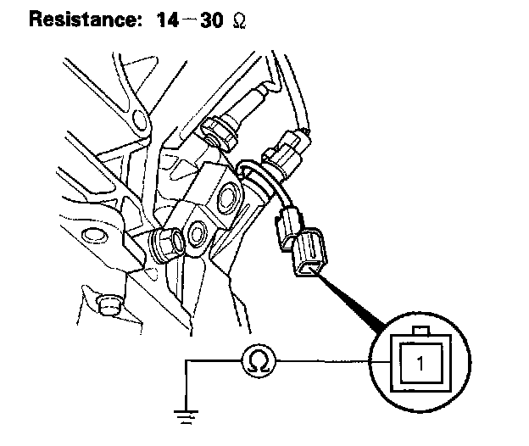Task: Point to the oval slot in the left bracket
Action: pos(93,233)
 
